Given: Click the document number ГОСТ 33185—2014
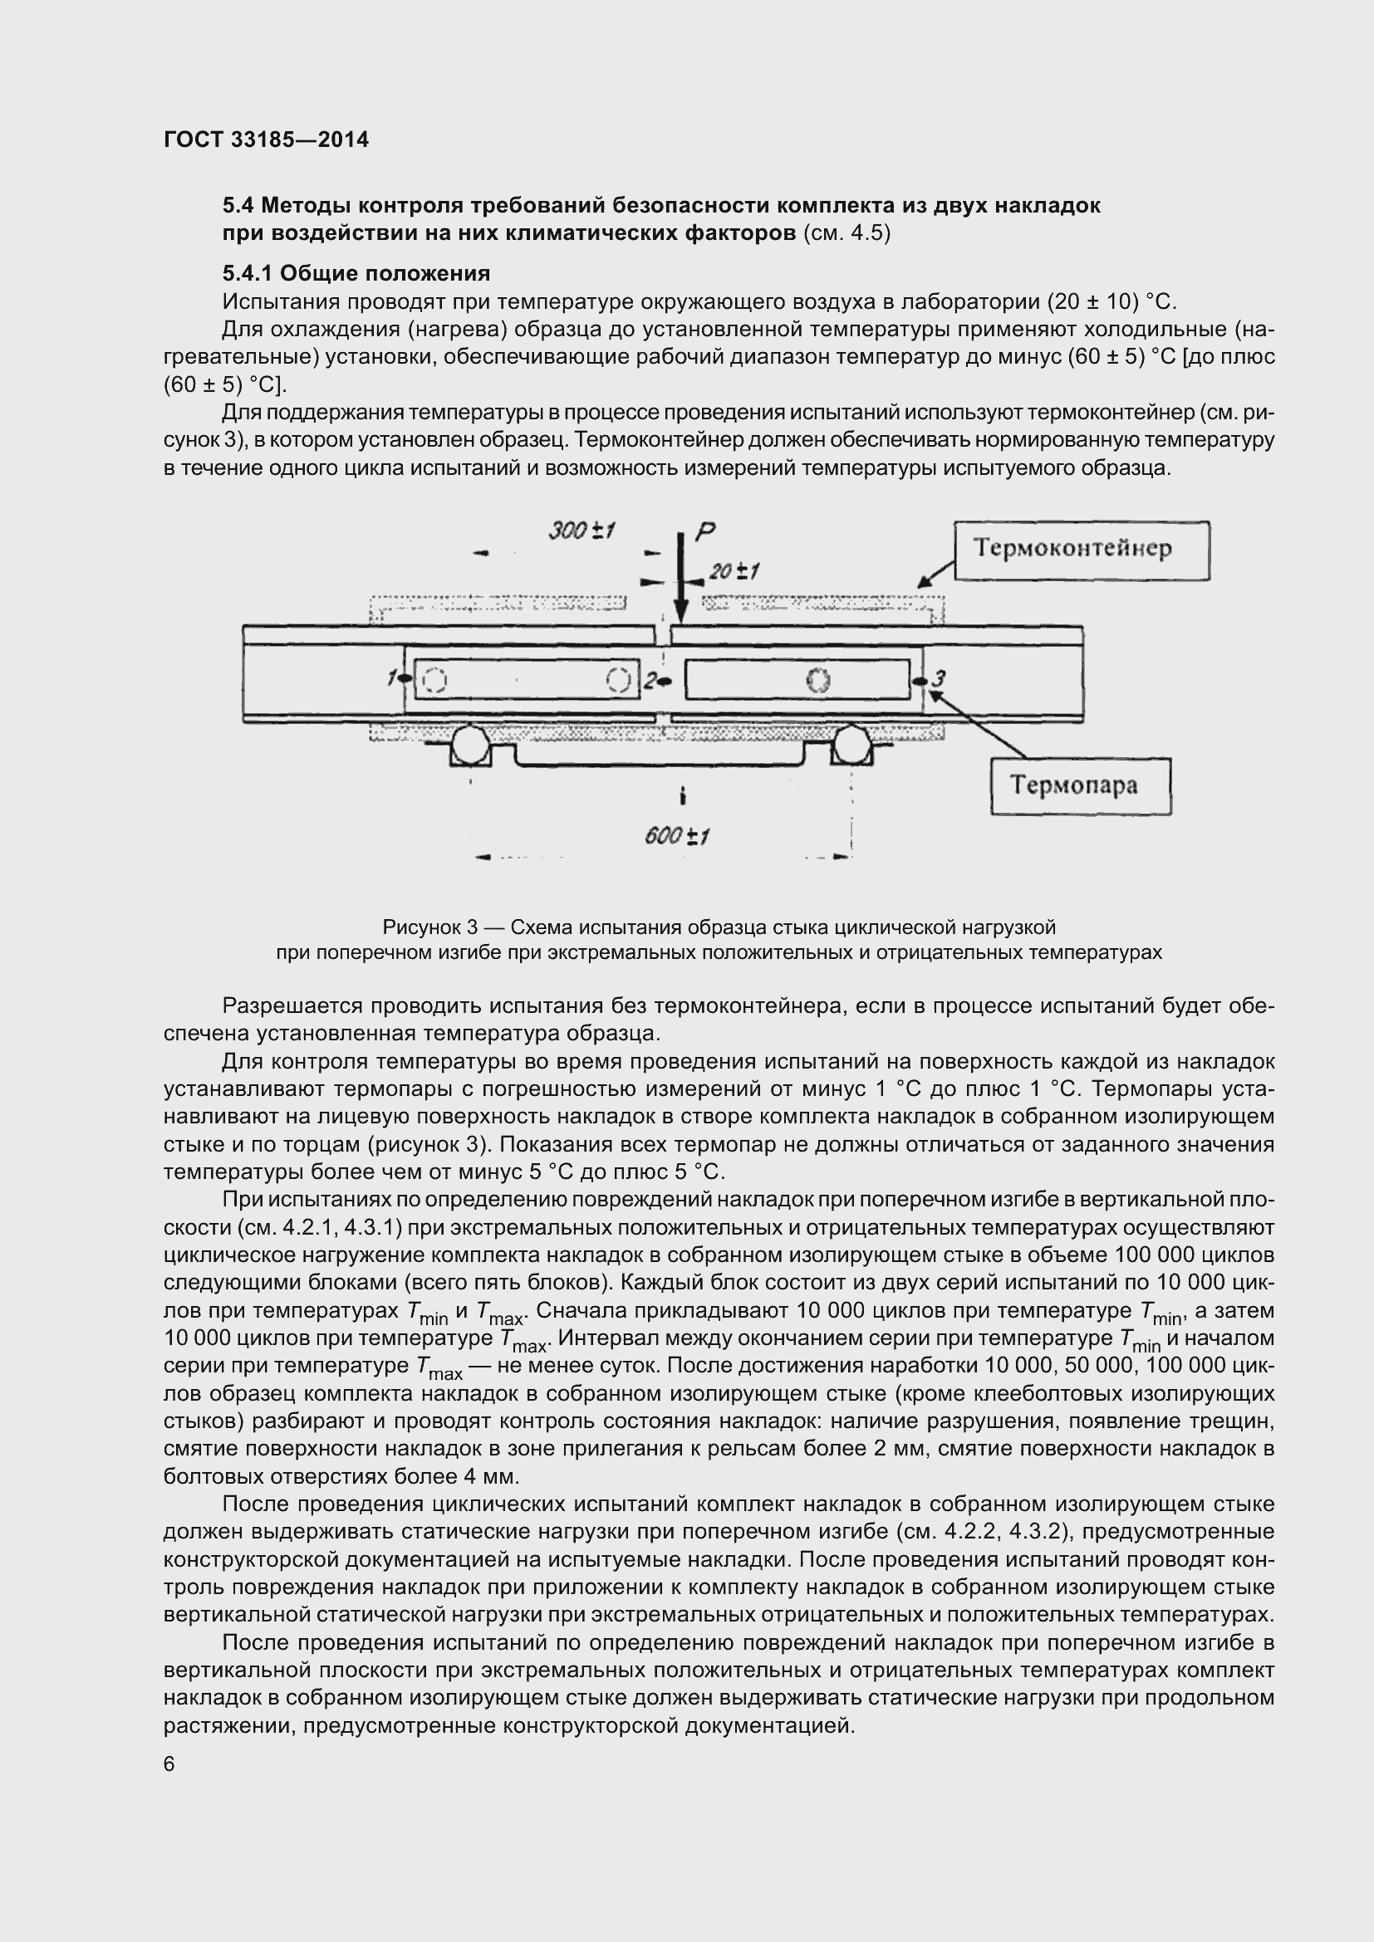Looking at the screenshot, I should coord(266,139).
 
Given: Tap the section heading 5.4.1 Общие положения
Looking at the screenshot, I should coord(356,273).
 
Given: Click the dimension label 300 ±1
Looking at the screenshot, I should coord(581,531).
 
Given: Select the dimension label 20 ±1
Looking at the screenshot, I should coord(734,572).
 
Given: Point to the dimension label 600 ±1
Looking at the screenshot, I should coord(676,837).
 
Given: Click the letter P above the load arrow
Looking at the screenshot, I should coord(704,531).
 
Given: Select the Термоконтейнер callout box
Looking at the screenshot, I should coord(1082,550).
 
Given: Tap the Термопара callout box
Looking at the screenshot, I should coord(1081,785).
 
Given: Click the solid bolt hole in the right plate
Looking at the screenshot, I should coord(817,680).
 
